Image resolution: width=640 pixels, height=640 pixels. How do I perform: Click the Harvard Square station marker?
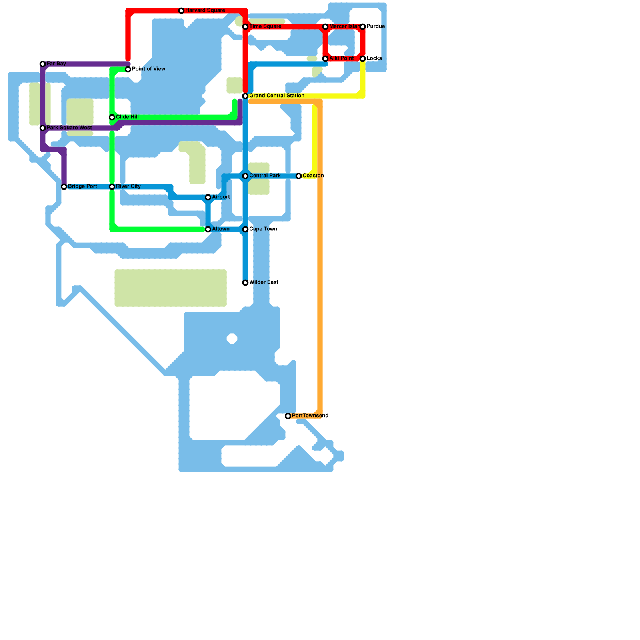[181, 11]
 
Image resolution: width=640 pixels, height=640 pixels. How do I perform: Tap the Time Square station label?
[265, 26]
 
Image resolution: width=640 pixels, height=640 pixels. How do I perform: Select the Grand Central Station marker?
[245, 96]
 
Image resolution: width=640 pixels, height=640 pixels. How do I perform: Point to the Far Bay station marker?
[43, 64]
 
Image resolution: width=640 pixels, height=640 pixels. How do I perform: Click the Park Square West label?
[69, 128]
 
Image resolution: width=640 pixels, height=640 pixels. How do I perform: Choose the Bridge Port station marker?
[64, 187]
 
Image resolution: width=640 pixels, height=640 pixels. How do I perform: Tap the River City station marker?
[112, 187]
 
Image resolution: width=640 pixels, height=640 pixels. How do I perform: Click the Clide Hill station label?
[127, 117]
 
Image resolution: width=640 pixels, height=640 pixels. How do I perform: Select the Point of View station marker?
[128, 70]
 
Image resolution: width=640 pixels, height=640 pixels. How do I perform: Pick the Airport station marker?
[208, 198]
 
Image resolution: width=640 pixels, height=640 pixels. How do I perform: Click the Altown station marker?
[208, 230]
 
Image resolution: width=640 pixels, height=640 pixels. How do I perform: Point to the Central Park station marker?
[245, 176]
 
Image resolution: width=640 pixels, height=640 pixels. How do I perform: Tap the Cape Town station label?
[263, 229]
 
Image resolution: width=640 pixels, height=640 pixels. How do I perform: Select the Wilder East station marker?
[245, 283]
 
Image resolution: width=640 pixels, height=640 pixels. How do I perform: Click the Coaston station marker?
[299, 176]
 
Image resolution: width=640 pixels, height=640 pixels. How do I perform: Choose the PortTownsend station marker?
[288, 416]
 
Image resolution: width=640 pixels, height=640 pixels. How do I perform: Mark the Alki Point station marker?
[326, 59]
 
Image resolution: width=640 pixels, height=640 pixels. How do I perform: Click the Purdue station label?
[376, 26]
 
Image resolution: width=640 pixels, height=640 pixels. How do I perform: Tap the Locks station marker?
[363, 59]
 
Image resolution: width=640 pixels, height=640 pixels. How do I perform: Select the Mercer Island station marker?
[326, 27]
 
